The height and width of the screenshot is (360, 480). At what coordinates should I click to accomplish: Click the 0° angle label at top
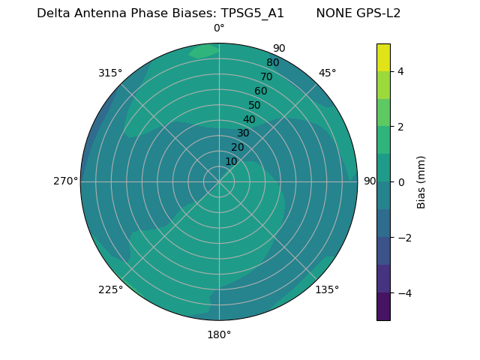[219, 28]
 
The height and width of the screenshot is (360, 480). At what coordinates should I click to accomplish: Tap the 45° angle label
[328, 73]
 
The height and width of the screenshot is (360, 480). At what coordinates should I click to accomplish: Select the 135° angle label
[327, 289]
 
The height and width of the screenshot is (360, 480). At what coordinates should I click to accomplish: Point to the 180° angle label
[219, 334]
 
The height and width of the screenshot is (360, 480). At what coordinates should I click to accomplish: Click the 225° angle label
[110, 289]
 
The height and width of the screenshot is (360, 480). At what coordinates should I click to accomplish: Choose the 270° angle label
[65, 181]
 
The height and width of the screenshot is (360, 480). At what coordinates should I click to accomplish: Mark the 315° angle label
[110, 73]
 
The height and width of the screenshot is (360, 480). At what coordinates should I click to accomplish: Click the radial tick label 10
[231, 161]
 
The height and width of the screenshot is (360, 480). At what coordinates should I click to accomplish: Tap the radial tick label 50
[254, 106]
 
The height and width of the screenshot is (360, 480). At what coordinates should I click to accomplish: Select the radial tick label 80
[272, 62]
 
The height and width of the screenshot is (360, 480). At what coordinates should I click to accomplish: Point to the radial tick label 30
[243, 133]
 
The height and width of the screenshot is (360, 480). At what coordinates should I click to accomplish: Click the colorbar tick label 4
[400, 71]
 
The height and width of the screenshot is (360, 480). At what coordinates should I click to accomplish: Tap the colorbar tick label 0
[400, 182]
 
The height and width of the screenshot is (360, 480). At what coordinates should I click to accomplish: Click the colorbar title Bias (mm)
[421, 181]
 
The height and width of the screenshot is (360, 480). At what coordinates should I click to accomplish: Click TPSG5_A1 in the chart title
[252, 13]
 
